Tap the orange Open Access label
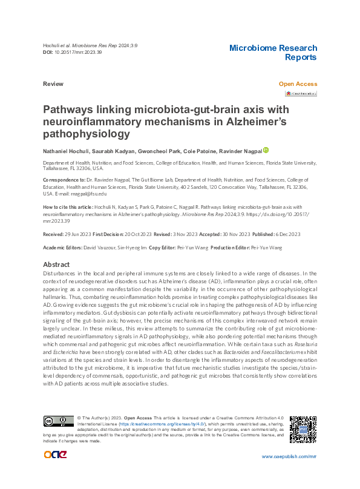(x=298, y=84)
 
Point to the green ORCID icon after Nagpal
(x=266, y=150)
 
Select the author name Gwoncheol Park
(x=163, y=151)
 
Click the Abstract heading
(x=56, y=265)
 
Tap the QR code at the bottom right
(x=303, y=429)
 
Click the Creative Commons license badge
(x=58, y=421)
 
